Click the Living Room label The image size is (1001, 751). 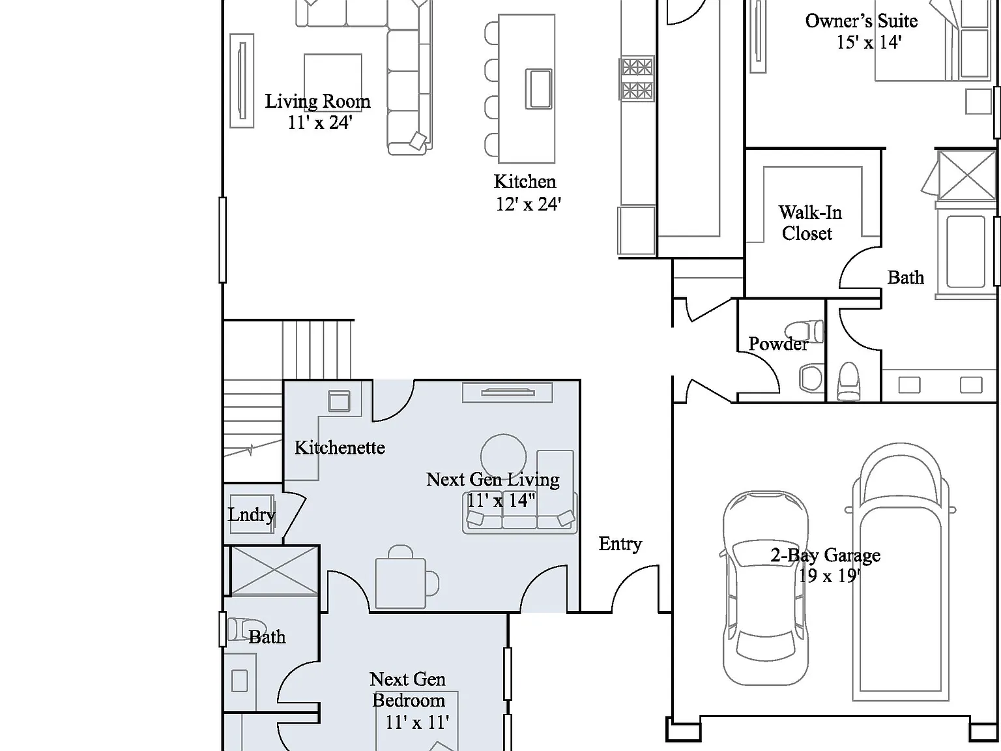(x=318, y=101)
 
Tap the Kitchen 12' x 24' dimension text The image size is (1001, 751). (x=528, y=204)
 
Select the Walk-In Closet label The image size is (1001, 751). (x=809, y=223)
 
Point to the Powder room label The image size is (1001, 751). (x=778, y=344)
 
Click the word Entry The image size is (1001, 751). (x=620, y=544)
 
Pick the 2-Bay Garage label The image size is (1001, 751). (x=826, y=555)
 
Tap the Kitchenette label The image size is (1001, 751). (x=340, y=447)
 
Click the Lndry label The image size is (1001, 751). (x=252, y=515)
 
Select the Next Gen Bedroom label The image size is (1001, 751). (x=408, y=690)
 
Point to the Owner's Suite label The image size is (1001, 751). (x=862, y=21)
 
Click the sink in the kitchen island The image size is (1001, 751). (x=538, y=89)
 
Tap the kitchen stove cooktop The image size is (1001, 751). (x=637, y=78)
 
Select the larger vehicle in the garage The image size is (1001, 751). (x=901, y=572)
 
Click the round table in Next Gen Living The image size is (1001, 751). (x=504, y=456)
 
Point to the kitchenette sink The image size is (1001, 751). (x=340, y=402)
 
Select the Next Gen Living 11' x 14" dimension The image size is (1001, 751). (x=500, y=501)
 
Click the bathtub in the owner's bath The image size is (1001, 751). (x=965, y=252)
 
